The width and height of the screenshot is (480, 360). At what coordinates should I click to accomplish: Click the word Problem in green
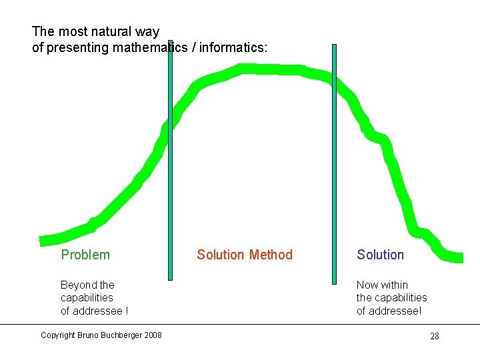coord(85,255)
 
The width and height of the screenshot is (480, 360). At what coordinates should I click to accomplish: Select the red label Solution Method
coord(245,255)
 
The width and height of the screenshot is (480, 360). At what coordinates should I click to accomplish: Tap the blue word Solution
coord(380,255)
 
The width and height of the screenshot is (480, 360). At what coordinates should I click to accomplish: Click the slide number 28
coord(435,336)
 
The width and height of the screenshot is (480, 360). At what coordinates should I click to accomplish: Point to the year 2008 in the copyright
coord(151,335)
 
